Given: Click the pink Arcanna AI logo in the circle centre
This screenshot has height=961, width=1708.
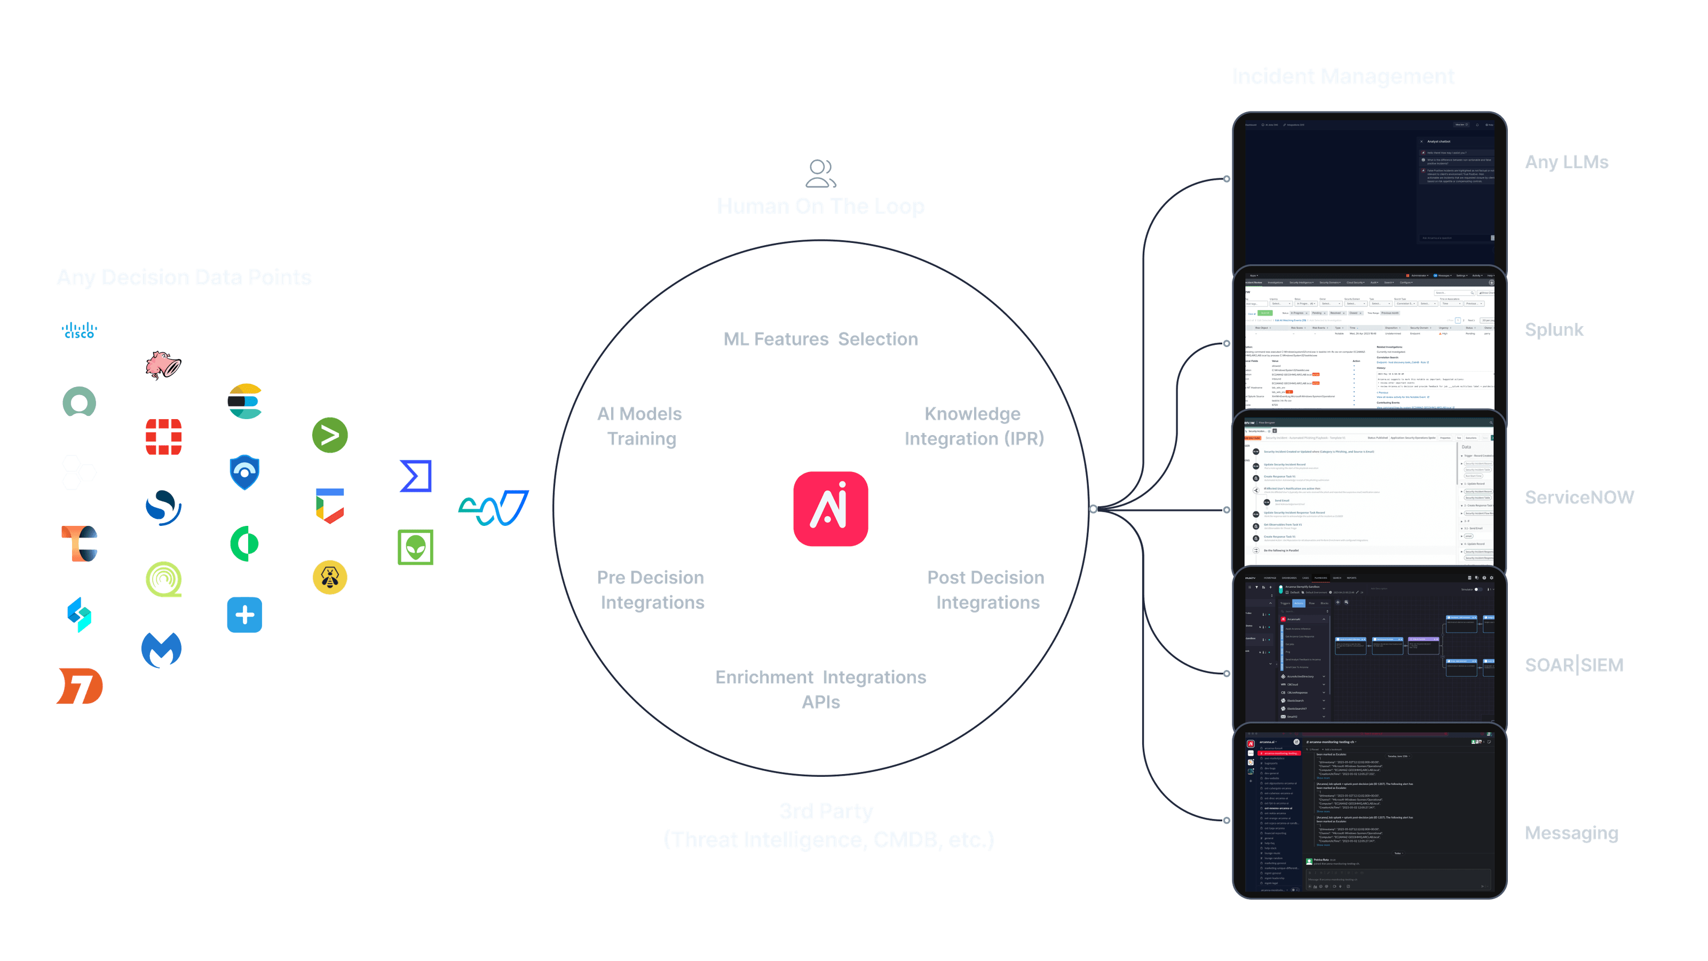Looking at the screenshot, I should pos(830,509).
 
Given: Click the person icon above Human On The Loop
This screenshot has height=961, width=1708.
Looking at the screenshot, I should pos(820,173).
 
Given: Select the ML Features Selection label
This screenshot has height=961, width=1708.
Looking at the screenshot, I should pos(820,339).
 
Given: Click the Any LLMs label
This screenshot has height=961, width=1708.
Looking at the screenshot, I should pos(1566,162).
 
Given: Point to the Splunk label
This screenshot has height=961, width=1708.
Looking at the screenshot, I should pos(1554,329).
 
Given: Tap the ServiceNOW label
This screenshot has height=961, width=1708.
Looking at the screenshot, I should pos(1579,498).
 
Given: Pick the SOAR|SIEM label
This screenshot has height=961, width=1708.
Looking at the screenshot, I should pos(1573,665).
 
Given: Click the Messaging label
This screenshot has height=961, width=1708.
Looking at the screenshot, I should pos(1571,833).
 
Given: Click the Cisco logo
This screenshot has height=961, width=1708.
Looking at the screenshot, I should pos(80,329).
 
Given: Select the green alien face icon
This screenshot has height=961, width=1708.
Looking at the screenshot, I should pos(416,547).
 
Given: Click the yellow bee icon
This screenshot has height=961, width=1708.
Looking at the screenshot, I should pos(329,578).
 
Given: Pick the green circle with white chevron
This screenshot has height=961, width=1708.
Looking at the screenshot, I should pos(329,435).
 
